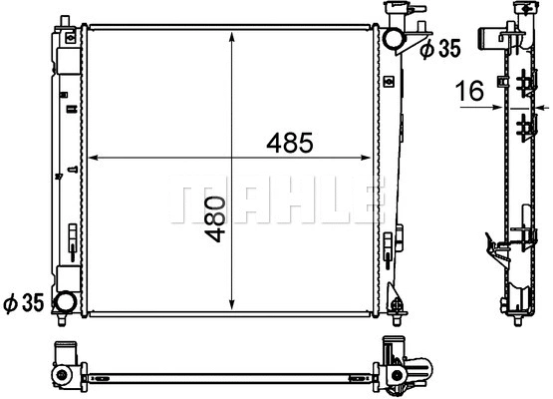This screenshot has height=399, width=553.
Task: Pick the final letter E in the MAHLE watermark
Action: [369, 202]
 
